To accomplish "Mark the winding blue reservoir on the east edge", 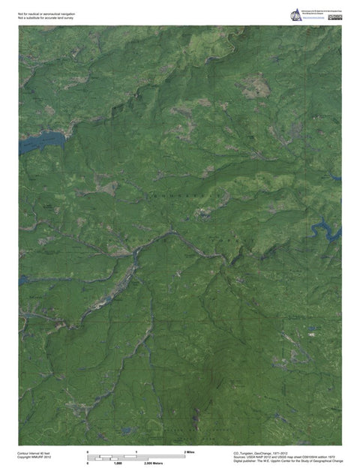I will (328, 226).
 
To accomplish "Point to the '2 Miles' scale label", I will (189, 453).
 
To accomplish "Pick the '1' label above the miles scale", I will (136, 453).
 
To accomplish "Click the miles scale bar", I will (136, 458).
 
